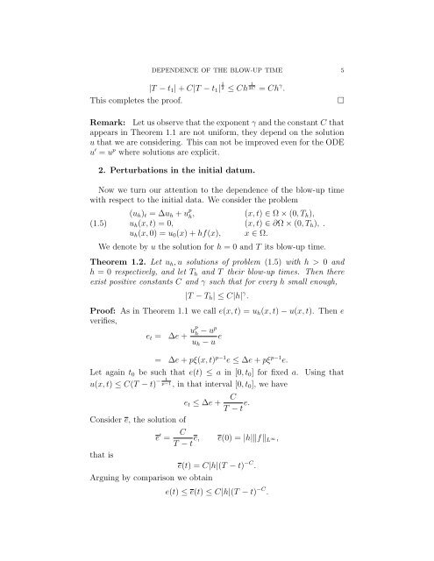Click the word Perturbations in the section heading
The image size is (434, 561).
click(147, 171)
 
